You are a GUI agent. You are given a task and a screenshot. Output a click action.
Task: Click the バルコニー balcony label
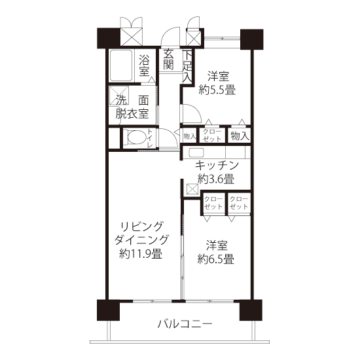point(185,324)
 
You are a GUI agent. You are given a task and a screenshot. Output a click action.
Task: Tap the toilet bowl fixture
point(137,137)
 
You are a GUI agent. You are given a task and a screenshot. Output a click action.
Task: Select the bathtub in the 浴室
point(121,65)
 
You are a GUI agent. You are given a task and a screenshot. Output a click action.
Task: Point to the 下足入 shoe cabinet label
point(187,66)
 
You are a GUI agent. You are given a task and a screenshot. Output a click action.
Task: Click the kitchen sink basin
point(196,153)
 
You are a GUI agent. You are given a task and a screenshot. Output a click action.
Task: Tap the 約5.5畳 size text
point(217,90)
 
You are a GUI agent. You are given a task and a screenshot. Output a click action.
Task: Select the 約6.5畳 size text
point(216,259)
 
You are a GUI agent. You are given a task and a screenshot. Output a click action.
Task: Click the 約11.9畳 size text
point(141,254)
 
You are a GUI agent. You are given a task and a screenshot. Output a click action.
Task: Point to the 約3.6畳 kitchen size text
point(216,179)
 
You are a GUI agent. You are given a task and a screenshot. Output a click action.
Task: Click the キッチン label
point(217,166)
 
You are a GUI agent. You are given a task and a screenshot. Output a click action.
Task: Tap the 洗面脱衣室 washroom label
point(132,107)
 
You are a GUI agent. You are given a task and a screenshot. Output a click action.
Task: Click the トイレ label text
point(150,138)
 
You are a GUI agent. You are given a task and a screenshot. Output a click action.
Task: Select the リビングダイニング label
point(141,233)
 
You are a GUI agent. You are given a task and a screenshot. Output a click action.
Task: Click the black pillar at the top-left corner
point(109,38)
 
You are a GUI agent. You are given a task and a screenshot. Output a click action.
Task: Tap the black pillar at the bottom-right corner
point(251,310)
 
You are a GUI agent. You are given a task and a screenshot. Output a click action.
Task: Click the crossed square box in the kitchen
point(192,189)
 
